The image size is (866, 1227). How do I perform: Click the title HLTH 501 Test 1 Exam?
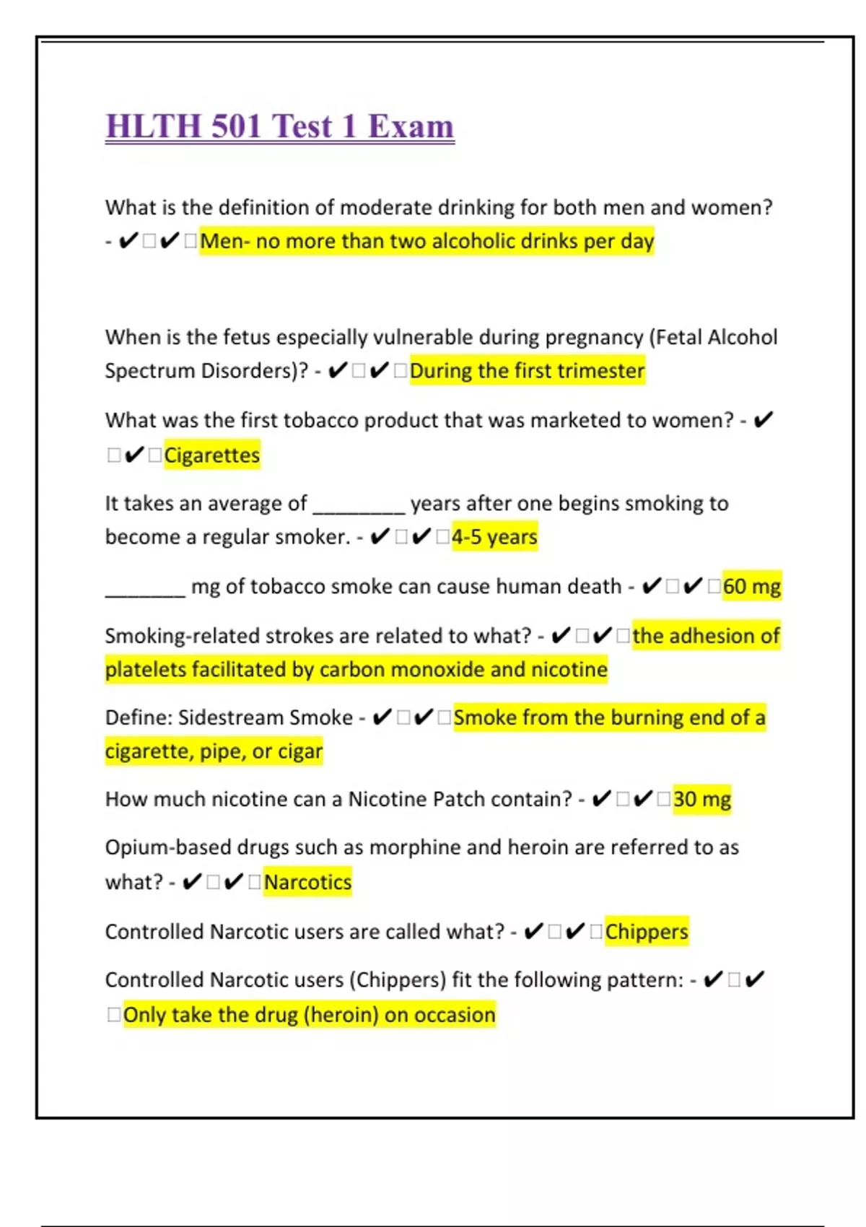pyautogui.click(x=280, y=126)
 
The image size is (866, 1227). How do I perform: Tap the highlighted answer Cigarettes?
pyautogui.click(x=212, y=455)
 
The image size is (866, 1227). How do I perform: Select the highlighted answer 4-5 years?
pyautogui.click(x=494, y=537)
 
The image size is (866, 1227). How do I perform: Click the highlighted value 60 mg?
pyautogui.click(x=751, y=586)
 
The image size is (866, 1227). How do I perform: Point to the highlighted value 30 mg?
pyautogui.click(x=701, y=800)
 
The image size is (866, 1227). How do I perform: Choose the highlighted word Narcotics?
pyautogui.click(x=307, y=882)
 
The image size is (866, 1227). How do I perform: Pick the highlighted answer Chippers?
pyautogui.click(x=647, y=932)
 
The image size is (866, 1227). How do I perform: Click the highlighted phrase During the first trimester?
pyautogui.click(x=527, y=371)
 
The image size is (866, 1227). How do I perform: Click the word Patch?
pyautogui.click(x=458, y=800)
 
